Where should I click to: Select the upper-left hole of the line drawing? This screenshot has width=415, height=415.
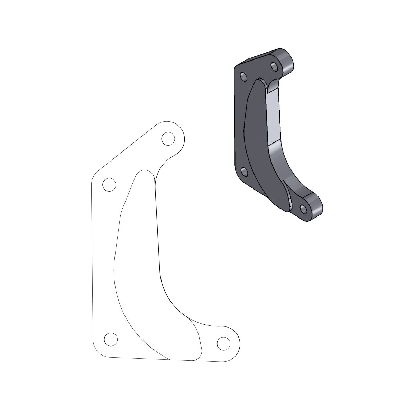tap(109, 185)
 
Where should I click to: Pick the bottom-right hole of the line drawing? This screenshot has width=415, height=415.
tap(223, 343)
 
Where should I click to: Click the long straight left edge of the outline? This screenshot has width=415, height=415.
tap(93, 263)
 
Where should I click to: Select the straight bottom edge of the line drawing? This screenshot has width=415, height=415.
tap(156, 359)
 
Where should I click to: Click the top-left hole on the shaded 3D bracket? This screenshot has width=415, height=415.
tap(243, 76)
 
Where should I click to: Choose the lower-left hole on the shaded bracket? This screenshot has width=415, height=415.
tap(244, 171)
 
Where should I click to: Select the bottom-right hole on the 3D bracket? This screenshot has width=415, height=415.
tap(304, 209)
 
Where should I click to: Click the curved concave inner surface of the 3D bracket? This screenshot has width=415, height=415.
tap(284, 166)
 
